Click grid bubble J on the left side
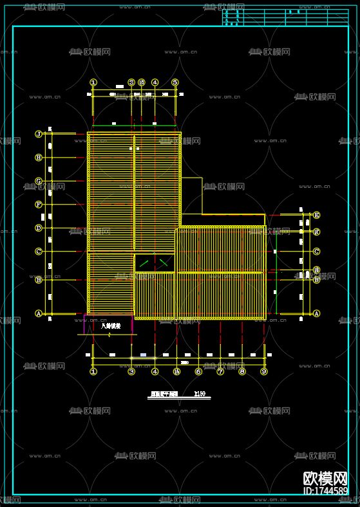click(x=39, y=134)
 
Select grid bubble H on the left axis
click(x=39, y=158)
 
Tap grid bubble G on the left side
click(x=39, y=181)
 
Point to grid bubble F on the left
click(x=39, y=205)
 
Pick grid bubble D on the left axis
click(x=39, y=228)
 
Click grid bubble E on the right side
click(x=316, y=216)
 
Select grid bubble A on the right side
click(x=316, y=313)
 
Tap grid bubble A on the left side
click(x=39, y=313)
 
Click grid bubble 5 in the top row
click(x=175, y=82)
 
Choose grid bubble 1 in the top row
click(x=93, y=82)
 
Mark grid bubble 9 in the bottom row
click(x=263, y=371)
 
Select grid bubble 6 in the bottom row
click(x=198, y=371)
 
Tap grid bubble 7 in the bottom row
click(x=220, y=371)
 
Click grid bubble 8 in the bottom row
click(x=242, y=371)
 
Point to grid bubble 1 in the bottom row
click(x=93, y=371)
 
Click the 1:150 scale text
click(x=200, y=394)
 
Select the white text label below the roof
click(x=111, y=326)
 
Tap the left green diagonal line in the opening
click(x=145, y=263)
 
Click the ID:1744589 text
click(x=325, y=491)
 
